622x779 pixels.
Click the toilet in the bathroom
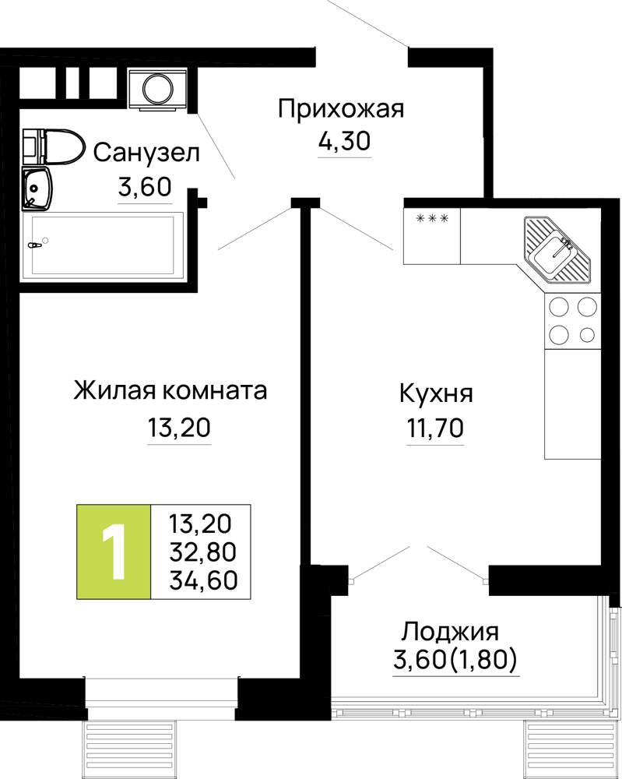click(x=52, y=146)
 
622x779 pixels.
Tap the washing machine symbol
click(x=158, y=89)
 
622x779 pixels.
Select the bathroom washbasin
click(x=37, y=189)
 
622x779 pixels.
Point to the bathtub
click(x=103, y=244)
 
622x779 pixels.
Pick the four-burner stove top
click(x=572, y=320)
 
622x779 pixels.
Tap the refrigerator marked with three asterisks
click(x=432, y=236)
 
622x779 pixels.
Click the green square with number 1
click(x=113, y=552)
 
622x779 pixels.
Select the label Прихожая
click(x=341, y=110)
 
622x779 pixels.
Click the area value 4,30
click(x=344, y=141)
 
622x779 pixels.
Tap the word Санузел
click(x=146, y=153)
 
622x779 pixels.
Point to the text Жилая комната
click(x=170, y=390)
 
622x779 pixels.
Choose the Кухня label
click(x=437, y=393)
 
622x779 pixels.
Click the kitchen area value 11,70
click(x=435, y=427)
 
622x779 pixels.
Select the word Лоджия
click(x=450, y=633)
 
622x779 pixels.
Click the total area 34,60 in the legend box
click(x=203, y=580)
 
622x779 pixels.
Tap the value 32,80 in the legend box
click(x=203, y=552)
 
